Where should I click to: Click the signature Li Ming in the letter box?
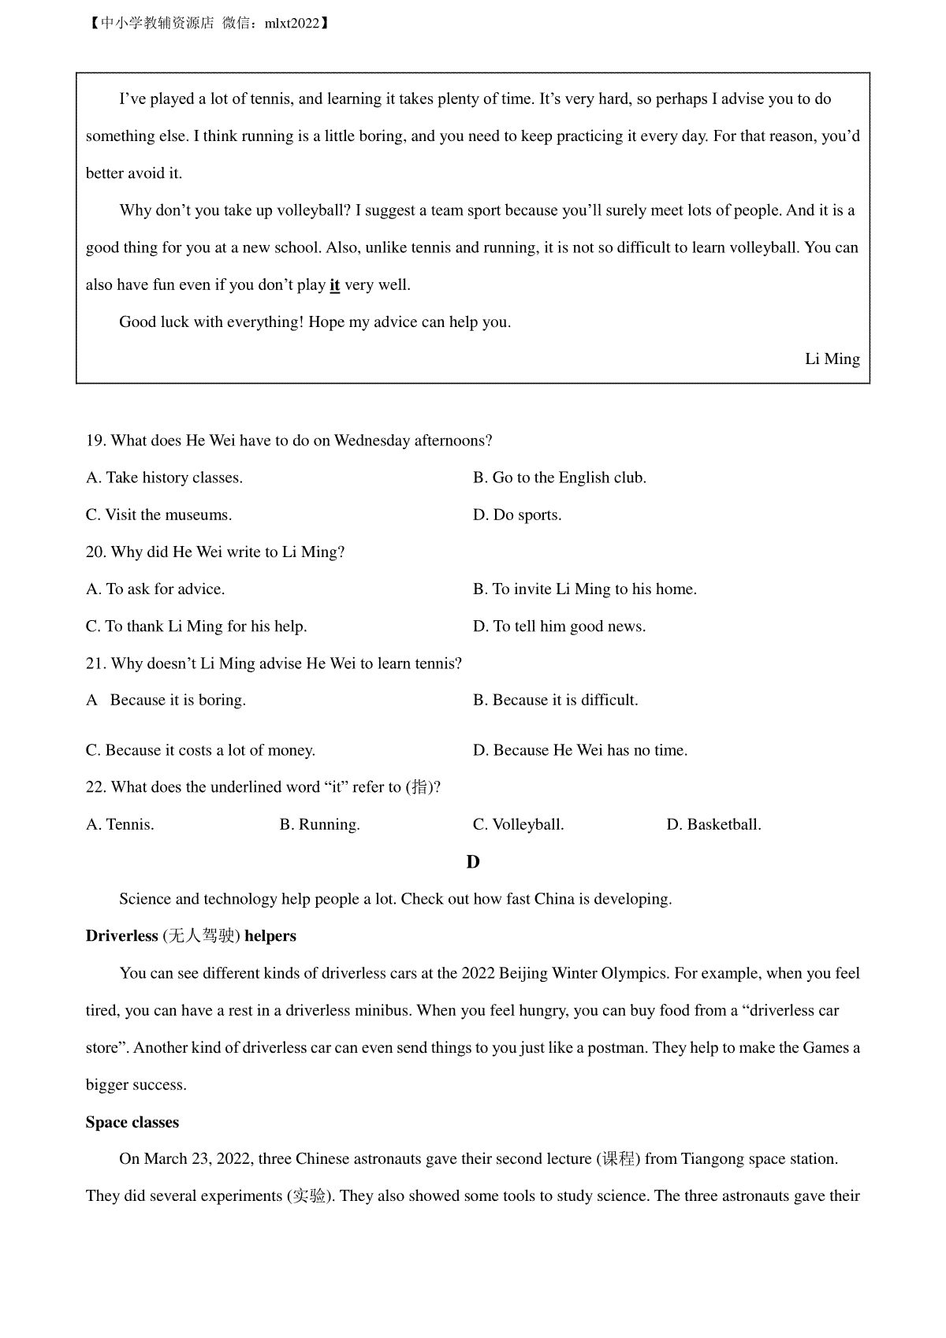click(832, 359)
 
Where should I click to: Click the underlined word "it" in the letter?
click(334, 285)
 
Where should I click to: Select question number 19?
click(95, 440)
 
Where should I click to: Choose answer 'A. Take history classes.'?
click(164, 478)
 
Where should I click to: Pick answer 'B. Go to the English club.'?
click(559, 478)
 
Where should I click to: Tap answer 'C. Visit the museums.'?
click(158, 515)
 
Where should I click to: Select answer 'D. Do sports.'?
click(517, 515)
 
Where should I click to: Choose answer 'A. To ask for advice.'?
click(155, 589)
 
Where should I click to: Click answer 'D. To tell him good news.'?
click(559, 626)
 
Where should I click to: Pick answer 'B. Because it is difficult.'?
click(555, 701)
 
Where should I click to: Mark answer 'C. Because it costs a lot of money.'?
click(200, 750)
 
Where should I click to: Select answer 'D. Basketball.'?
click(713, 825)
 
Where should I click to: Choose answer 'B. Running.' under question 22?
click(319, 825)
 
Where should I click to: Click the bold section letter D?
click(473, 862)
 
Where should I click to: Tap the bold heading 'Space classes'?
click(132, 1122)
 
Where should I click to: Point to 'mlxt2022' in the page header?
click(292, 24)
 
